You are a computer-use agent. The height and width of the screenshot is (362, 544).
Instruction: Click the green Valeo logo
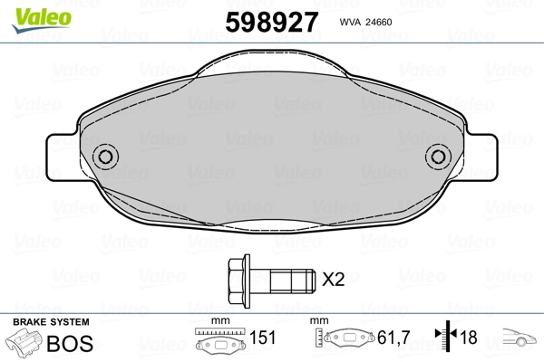click(x=42, y=20)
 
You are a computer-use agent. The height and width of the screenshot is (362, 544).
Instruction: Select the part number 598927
click(x=272, y=22)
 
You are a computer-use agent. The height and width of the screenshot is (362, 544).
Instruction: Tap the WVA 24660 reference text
click(x=365, y=22)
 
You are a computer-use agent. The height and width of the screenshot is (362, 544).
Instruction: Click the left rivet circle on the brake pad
click(x=105, y=157)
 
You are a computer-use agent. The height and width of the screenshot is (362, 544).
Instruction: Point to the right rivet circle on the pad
click(x=438, y=157)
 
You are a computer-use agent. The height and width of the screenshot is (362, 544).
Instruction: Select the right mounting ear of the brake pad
click(x=481, y=157)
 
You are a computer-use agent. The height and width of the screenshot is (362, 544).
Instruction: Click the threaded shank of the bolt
click(x=293, y=281)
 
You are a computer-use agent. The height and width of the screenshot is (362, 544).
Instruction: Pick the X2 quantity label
click(x=334, y=280)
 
